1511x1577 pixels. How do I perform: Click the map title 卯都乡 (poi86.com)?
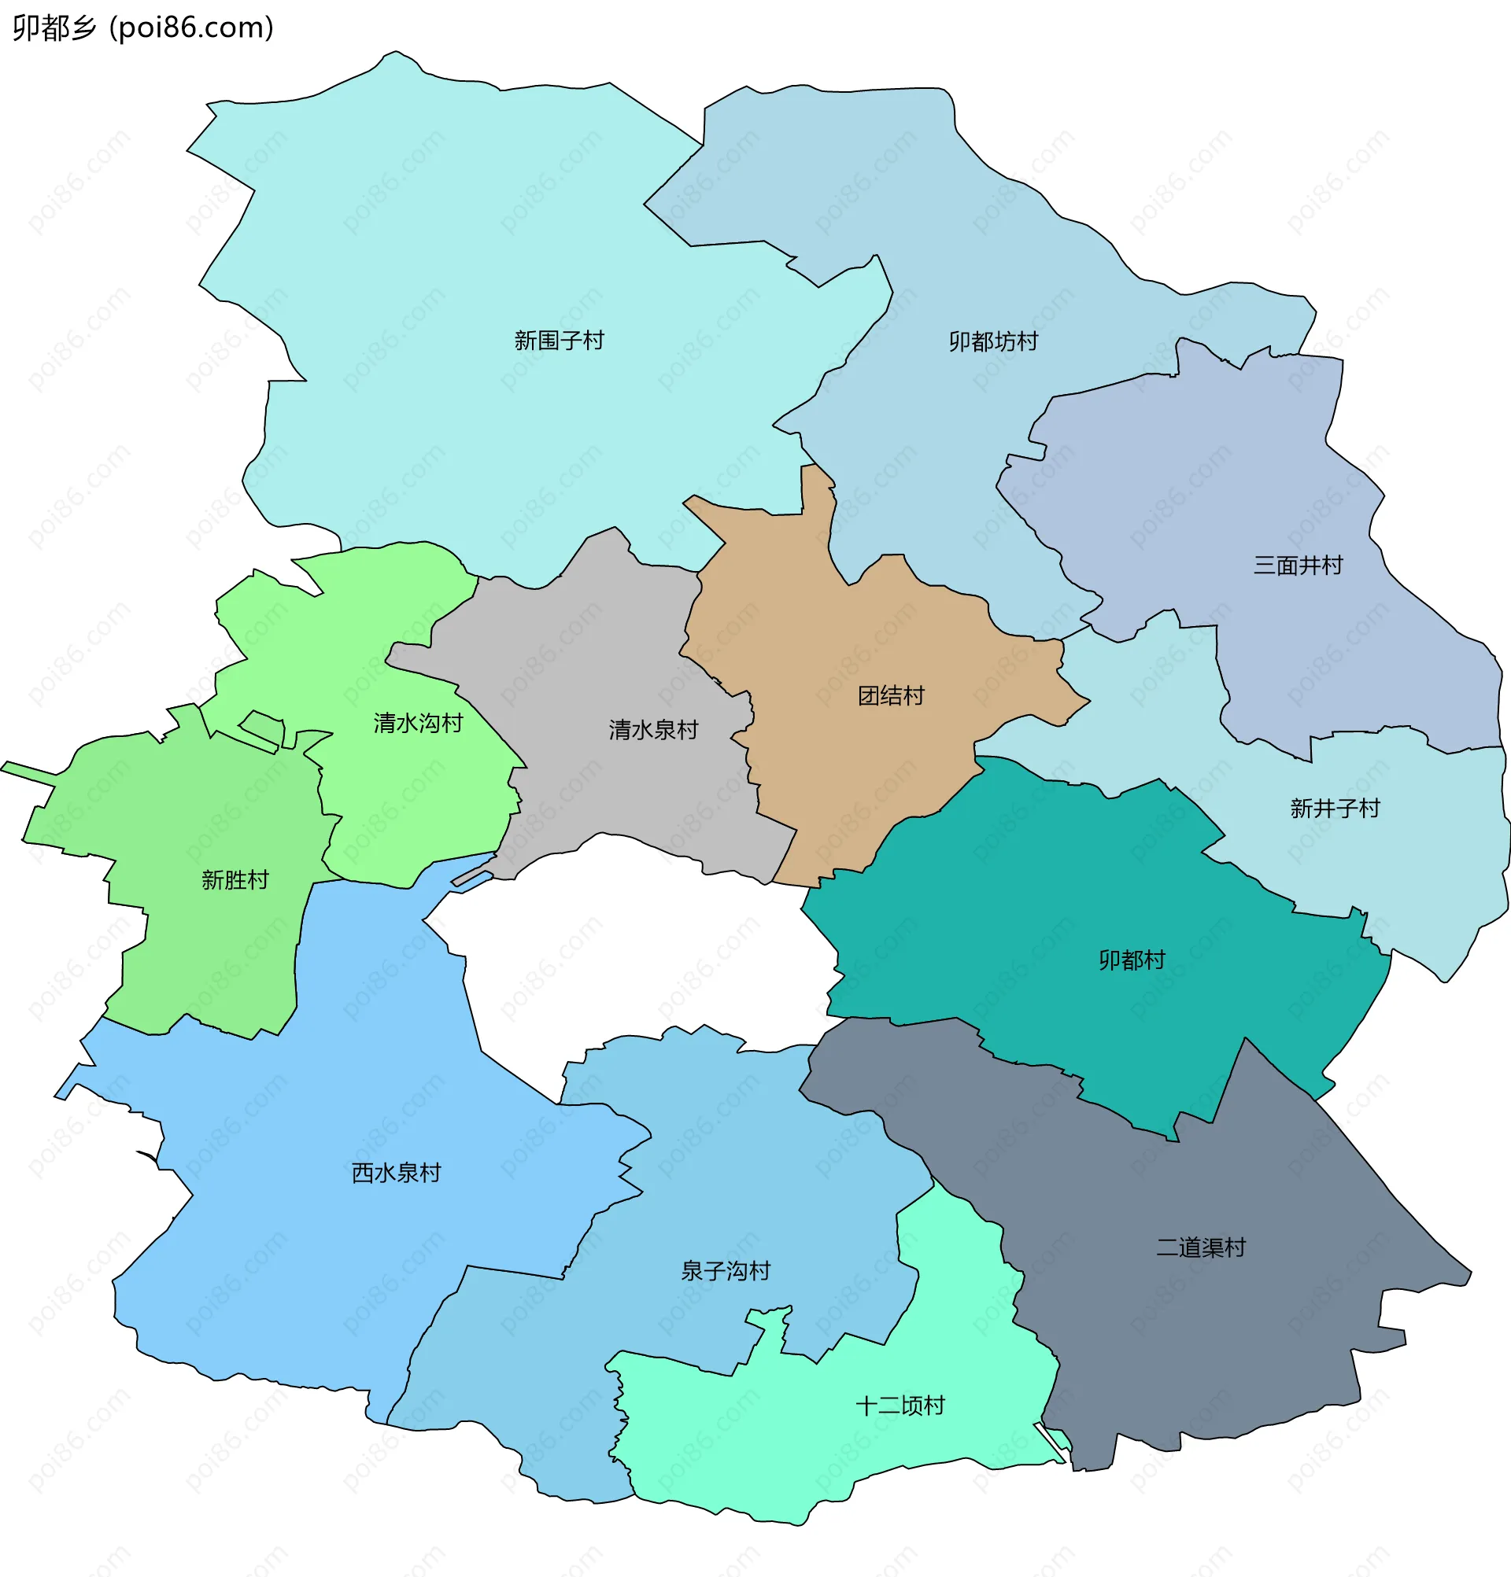point(143,28)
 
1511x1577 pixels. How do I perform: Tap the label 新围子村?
point(559,341)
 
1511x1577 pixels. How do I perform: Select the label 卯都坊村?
point(993,342)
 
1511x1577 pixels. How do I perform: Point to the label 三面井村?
point(1298,566)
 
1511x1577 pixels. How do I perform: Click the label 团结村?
point(891,696)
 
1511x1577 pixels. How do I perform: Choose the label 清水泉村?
point(653,731)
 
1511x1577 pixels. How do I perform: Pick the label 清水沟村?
point(418,724)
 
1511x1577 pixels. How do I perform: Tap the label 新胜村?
point(235,880)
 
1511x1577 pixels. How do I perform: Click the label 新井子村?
point(1335,808)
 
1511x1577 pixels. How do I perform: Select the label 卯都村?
point(1132,960)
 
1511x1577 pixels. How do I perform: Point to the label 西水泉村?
point(396,1173)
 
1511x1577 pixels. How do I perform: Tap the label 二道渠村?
point(1201,1248)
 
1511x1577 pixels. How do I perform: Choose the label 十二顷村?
point(900,1406)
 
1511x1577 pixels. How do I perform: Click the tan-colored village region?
point(845,772)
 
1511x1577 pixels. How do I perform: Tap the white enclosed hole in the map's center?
point(644,949)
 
